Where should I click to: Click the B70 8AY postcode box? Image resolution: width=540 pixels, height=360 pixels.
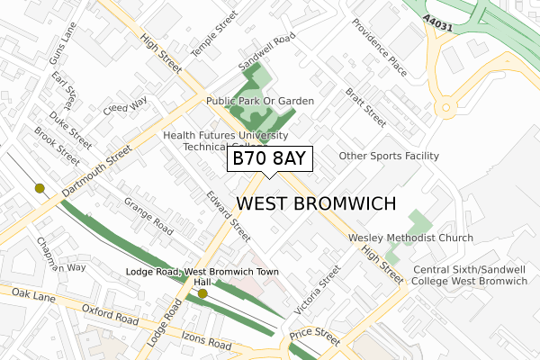(x=269, y=159)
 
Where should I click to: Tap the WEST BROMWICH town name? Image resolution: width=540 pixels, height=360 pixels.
(x=316, y=203)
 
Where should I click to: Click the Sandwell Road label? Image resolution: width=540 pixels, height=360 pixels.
(x=267, y=54)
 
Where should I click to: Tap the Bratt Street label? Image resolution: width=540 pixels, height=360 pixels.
(x=366, y=107)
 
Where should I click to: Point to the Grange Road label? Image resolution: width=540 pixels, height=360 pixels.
(x=148, y=217)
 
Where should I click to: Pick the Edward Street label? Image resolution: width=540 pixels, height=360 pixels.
(x=228, y=216)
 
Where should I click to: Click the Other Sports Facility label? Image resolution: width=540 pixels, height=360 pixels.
(x=389, y=156)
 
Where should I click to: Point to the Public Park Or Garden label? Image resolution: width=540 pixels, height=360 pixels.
(x=260, y=101)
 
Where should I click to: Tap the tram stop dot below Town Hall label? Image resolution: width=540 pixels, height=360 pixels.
(x=202, y=293)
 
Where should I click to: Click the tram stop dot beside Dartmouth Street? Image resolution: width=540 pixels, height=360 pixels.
(x=40, y=188)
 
